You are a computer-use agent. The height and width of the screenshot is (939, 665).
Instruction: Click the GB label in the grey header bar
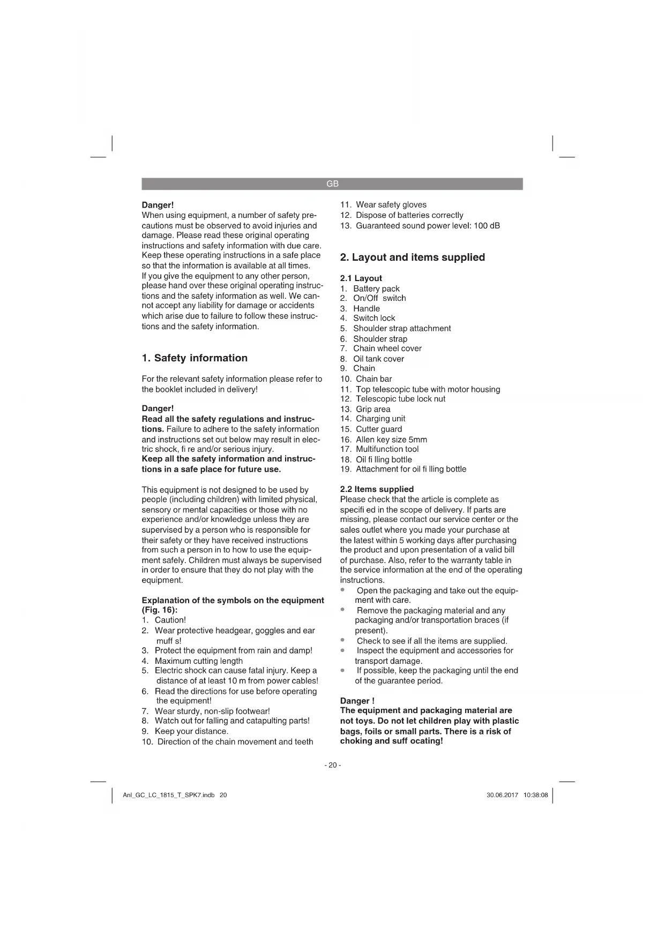[332, 184]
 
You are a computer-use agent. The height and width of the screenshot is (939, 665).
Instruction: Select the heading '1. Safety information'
[195, 358]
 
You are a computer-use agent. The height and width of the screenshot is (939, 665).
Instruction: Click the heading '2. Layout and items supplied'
[412, 258]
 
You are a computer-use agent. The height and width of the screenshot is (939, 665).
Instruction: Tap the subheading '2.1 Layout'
[361, 278]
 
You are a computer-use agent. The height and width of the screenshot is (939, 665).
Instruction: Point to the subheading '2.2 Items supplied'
[377, 489]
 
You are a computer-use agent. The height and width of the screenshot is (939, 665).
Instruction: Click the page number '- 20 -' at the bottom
[332, 765]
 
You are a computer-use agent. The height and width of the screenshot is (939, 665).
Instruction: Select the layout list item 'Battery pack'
[376, 289]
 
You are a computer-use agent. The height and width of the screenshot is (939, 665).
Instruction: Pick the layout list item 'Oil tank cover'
[378, 359]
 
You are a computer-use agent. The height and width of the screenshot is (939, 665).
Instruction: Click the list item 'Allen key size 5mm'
[391, 440]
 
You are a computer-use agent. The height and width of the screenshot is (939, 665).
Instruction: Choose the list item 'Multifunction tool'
[387, 449]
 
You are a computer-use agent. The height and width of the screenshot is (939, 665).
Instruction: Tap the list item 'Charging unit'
[380, 419]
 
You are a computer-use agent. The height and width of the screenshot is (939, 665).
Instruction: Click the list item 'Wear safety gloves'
[391, 205]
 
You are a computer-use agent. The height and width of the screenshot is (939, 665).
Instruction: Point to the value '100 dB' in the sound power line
[487, 225]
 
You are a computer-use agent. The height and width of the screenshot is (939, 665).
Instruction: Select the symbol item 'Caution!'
[170, 620]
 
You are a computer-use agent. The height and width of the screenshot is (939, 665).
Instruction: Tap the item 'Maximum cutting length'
[199, 661]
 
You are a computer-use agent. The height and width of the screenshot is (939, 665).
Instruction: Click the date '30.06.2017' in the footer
[502, 795]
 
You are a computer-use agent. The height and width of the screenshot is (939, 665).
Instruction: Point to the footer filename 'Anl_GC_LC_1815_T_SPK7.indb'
[169, 795]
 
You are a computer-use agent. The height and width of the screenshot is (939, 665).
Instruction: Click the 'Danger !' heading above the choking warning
[357, 701]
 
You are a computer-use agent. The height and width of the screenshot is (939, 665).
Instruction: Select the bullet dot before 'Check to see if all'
[342, 640]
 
